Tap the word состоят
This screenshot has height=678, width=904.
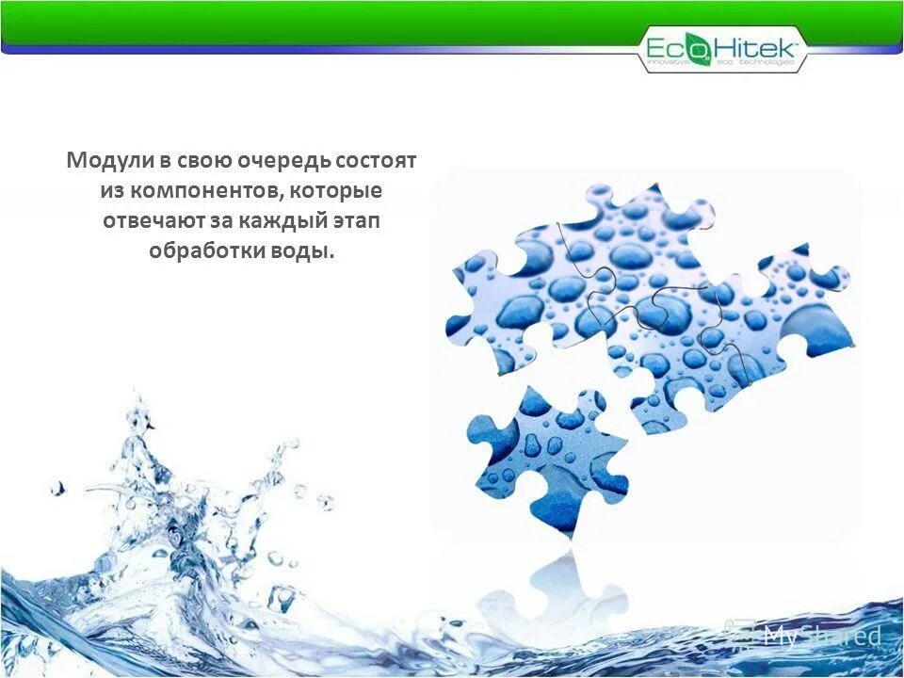(x=377, y=160)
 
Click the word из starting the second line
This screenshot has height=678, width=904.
(x=113, y=191)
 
